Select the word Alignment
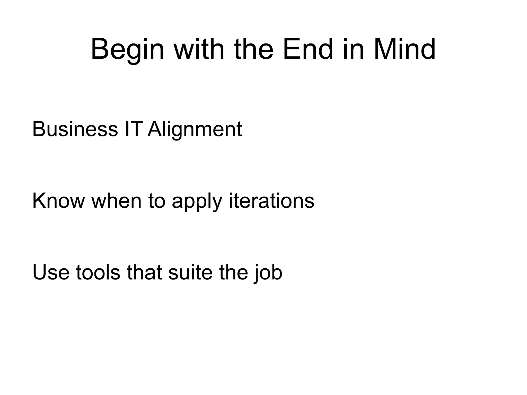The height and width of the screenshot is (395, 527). pos(195,129)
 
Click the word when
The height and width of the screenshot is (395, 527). pos(116,201)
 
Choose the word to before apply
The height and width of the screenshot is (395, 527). pos(156,201)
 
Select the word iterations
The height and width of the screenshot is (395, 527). pos(271,201)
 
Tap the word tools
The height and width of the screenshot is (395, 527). pos(98,272)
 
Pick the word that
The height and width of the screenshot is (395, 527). pos(144,272)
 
